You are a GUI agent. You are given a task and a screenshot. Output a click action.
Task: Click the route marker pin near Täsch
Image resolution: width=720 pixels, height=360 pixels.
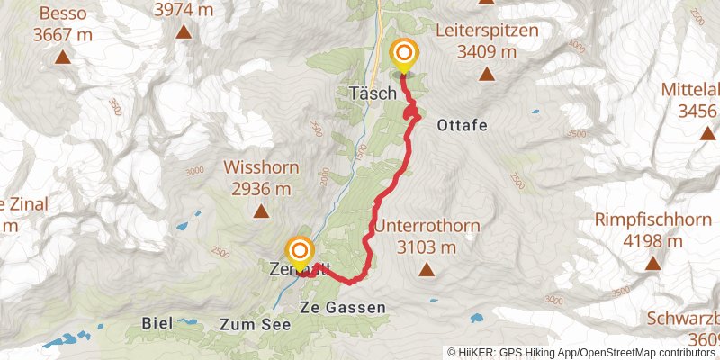pos(403,55)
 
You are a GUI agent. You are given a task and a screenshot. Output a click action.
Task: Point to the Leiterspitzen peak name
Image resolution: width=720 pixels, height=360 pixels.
pos(486,31)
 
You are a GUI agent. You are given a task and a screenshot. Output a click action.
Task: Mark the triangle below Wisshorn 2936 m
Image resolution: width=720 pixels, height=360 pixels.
pos(260,212)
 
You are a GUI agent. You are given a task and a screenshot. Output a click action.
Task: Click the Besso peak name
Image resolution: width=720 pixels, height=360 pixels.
pos(63,14)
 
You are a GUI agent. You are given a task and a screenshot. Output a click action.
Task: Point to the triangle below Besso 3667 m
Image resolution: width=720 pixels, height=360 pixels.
pos(63,58)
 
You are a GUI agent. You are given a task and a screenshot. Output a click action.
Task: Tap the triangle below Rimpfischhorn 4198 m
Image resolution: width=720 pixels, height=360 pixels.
pos(652,264)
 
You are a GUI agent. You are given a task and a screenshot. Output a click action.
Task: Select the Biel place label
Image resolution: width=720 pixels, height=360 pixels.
pos(157,322)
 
